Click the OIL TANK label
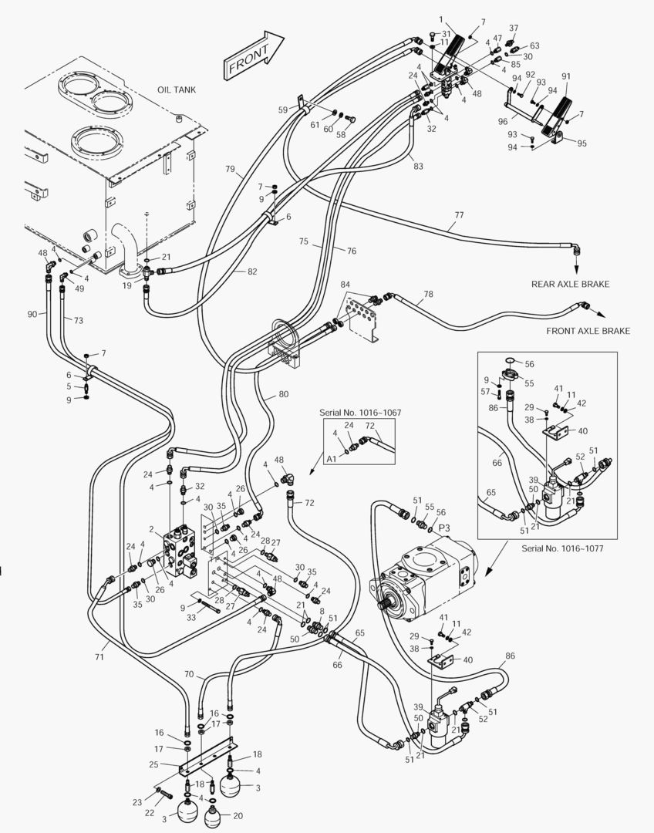(x=177, y=89)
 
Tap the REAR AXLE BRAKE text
(x=570, y=284)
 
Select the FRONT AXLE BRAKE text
(x=588, y=331)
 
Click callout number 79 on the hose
(x=231, y=170)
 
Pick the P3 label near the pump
(x=443, y=527)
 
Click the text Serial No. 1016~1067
(x=359, y=413)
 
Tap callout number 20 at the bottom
(x=238, y=815)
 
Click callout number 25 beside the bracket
(x=154, y=764)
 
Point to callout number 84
(x=345, y=285)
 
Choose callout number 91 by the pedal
(x=566, y=76)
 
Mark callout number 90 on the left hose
(x=32, y=314)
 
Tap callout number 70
(x=188, y=673)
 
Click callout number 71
(x=99, y=656)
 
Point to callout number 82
(x=252, y=271)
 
